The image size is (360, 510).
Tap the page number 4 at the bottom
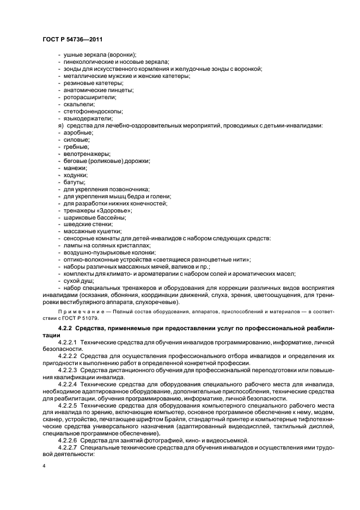pyautogui.click(x=44, y=466)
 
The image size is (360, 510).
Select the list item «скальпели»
pyautogui.click(x=80, y=104)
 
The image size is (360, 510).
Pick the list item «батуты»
pyautogui.click(x=75, y=182)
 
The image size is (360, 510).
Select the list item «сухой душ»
pyautogui.click(x=79, y=281)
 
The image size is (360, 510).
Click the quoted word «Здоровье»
pyautogui.click(x=115, y=210)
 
